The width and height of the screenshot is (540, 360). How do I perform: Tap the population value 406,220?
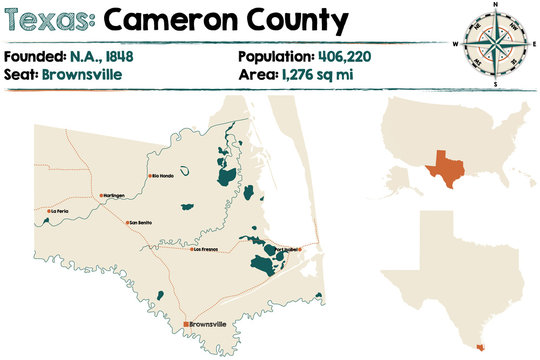[x=346, y=55]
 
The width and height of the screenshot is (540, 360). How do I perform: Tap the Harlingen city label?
[x=113, y=195]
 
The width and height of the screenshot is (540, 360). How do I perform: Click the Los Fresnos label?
[x=205, y=249]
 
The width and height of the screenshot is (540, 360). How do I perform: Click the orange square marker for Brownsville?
[x=186, y=324]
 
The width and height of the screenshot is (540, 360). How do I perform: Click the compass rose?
[x=493, y=41]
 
